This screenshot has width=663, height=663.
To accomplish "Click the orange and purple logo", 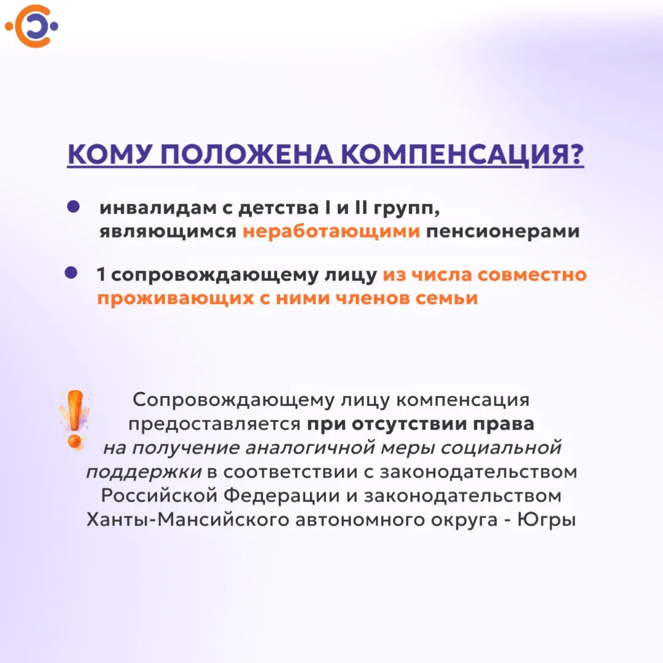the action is click(32, 26).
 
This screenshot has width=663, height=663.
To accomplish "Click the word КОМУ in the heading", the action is click(109, 154).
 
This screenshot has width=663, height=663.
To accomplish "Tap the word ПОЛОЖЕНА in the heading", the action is click(247, 154).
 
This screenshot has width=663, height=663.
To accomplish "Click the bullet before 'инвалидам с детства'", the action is click(73, 206).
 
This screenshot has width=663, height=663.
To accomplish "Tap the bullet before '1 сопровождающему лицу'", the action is click(71, 273).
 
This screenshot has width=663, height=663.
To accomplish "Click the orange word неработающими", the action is click(331, 231).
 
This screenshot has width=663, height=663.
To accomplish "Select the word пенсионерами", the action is click(503, 231).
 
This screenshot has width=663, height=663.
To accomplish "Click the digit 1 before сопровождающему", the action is click(101, 274).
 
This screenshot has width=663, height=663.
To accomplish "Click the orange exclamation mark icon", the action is click(76, 419).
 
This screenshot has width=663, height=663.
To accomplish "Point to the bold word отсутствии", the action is click(409, 424).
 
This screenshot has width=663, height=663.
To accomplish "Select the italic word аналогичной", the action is click(310, 448).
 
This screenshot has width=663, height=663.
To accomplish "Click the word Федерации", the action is click(281, 495).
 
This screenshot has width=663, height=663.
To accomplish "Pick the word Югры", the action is click(546, 520).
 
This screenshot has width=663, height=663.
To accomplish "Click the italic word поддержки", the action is click(144, 472).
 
